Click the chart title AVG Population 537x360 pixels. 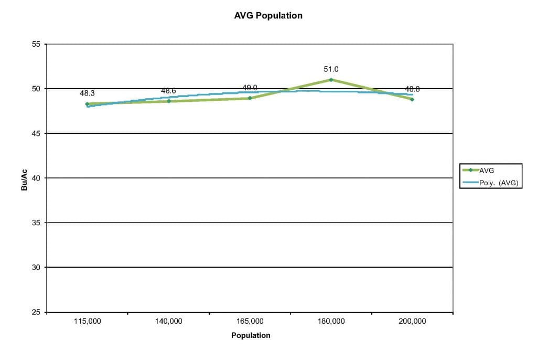[x=268, y=16]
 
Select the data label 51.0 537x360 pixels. [x=331, y=69]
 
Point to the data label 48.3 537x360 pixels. [x=87, y=93]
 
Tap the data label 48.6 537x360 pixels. [x=168, y=91]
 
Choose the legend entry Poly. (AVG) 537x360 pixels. [x=498, y=182]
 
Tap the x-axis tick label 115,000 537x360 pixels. [x=87, y=321]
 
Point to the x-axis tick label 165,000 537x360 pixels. [x=250, y=321]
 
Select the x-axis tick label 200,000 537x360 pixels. [x=412, y=321]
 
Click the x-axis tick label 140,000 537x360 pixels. [x=168, y=321]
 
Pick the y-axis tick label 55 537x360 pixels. [x=36, y=44]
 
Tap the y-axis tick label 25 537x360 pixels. [x=36, y=312]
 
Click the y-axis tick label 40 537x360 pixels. [x=36, y=178]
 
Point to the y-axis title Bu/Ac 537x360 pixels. [x=24, y=178]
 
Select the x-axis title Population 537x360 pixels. [x=251, y=335]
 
